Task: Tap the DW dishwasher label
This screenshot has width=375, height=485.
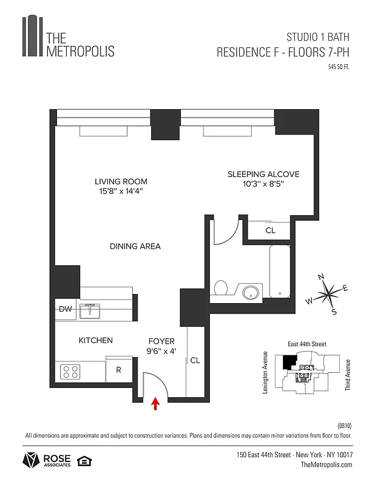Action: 65,310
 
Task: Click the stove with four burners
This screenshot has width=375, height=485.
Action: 70,370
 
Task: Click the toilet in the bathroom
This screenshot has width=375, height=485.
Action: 221,289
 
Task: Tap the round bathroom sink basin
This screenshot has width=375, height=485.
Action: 250,293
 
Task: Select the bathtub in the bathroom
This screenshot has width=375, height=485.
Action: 280,272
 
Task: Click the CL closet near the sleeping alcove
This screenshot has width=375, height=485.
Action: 270,230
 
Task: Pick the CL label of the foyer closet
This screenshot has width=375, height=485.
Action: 195,360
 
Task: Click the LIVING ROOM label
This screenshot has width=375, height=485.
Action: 121,181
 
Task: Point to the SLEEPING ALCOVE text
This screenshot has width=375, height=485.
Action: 263,174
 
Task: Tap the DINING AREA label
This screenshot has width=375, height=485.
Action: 135,246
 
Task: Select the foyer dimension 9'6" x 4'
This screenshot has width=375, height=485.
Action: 161,350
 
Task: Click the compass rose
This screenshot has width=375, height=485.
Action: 328,295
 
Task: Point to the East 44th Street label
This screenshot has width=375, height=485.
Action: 306,344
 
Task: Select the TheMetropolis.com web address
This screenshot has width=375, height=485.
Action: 326,464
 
